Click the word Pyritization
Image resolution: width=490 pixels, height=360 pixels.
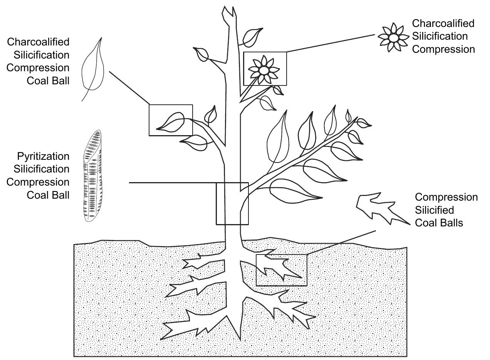click(43, 156)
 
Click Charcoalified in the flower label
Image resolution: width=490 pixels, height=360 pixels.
click(443, 23)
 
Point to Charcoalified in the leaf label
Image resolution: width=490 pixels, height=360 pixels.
click(38, 42)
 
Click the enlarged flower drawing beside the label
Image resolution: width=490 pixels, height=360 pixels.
click(393, 37)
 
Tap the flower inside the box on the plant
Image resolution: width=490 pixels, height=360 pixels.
click(263, 70)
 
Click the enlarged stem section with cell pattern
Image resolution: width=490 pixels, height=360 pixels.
click(93, 176)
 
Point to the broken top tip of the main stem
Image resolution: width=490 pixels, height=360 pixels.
click(228, 12)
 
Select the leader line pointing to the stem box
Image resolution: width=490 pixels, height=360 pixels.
click(173, 183)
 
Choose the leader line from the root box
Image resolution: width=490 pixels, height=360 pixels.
click(341, 242)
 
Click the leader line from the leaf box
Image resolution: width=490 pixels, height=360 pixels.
click(129, 87)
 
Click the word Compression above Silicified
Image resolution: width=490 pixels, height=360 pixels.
click(446, 198)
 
